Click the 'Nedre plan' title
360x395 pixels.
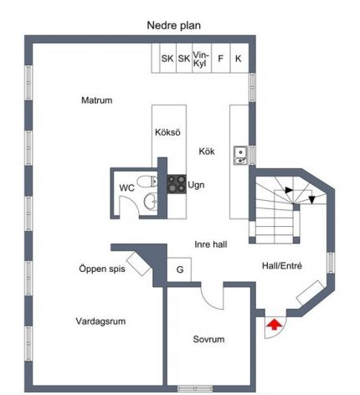[173, 25]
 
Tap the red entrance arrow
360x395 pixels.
[275, 325]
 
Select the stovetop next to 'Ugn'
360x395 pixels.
[177, 184]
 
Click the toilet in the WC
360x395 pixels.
[147, 182]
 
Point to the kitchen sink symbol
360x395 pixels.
[240, 156]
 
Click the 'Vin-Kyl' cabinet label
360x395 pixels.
[200, 59]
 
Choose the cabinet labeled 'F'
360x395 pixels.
[221, 58]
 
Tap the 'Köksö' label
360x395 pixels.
[167, 132]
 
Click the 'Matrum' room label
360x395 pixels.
[97, 100]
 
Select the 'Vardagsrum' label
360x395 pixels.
[100, 321]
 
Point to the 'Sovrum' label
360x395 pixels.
[208, 339]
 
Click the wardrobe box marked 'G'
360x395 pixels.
[179, 269]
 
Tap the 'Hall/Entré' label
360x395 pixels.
[282, 266]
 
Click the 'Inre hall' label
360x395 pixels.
[211, 244]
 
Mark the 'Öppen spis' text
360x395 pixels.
[102, 269]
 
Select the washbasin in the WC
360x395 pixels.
[151, 201]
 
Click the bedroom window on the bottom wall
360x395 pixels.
[195, 388]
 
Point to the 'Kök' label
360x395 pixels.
[207, 151]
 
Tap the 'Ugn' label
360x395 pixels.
[196, 185]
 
